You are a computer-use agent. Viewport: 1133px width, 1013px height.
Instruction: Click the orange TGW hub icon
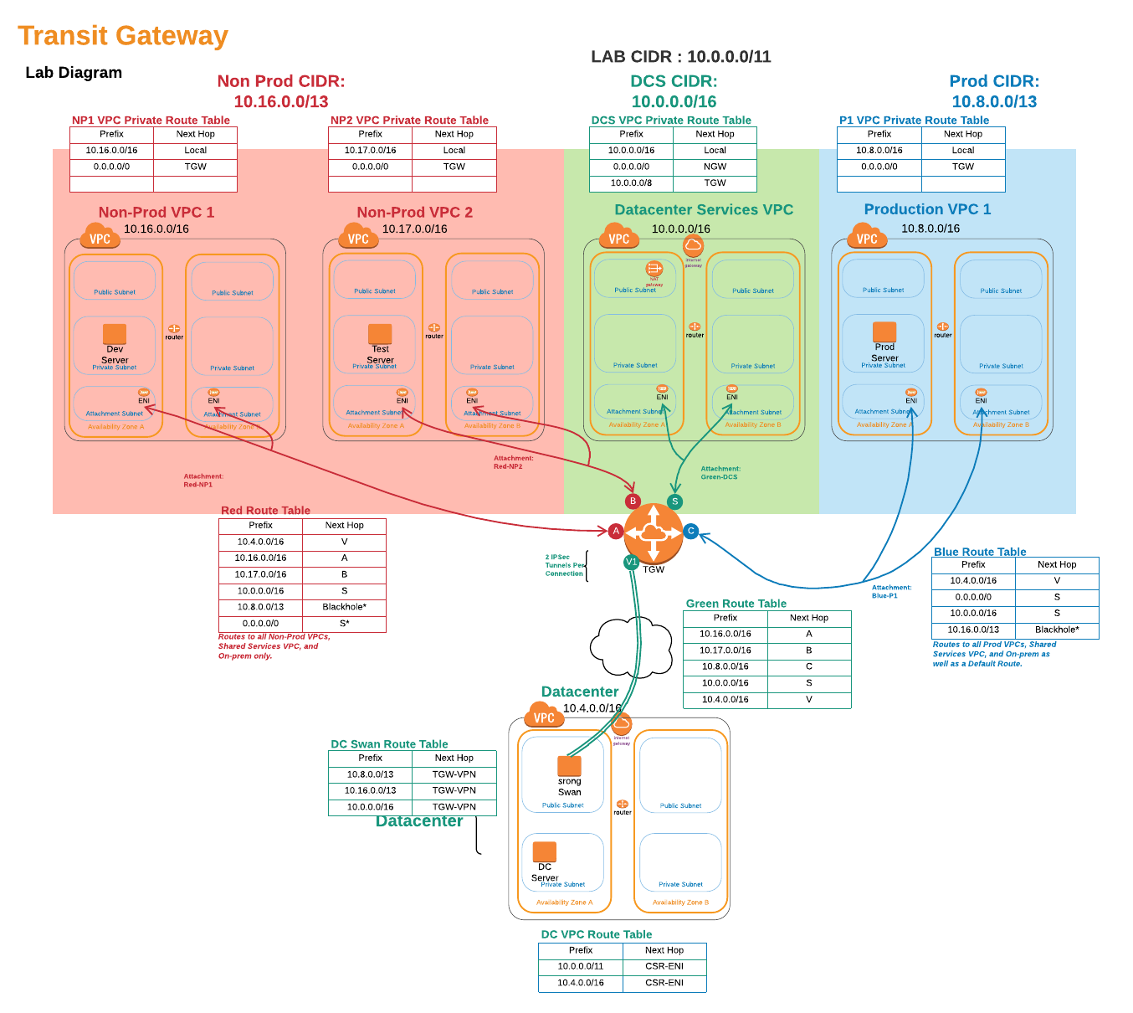[654, 533]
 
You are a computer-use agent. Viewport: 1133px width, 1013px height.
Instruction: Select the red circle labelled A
[616, 531]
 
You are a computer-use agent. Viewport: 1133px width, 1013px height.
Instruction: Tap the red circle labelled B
[633, 501]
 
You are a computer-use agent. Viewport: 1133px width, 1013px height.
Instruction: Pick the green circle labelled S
[674, 501]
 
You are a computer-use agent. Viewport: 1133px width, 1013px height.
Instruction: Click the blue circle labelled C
[691, 531]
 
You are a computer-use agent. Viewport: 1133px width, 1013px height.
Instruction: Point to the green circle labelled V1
[632, 562]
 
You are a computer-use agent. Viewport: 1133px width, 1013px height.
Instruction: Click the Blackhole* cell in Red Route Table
[344, 607]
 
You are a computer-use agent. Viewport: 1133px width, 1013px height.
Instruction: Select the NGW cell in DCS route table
[715, 167]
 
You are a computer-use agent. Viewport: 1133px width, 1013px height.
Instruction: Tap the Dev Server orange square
[115, 334]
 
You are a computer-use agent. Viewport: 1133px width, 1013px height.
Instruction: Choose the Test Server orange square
[380, 334]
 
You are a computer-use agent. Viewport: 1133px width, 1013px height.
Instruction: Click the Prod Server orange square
[884, 332]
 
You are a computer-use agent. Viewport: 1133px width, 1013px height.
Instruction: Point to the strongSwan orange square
[569, 765]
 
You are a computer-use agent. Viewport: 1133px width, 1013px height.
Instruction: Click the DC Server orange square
[545, 851]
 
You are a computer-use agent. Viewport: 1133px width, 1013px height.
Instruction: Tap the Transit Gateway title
[123, 36]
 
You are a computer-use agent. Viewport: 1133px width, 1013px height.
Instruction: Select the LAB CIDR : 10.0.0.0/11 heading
[680, 57]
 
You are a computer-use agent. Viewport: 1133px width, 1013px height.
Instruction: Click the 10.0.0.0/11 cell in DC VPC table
[581, 966]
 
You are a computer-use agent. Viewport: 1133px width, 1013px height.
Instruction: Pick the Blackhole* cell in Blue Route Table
[1057, 630]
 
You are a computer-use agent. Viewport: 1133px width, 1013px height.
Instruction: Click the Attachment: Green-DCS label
[720, 473]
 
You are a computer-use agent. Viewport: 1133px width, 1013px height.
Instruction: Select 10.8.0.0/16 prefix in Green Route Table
[725, 666]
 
